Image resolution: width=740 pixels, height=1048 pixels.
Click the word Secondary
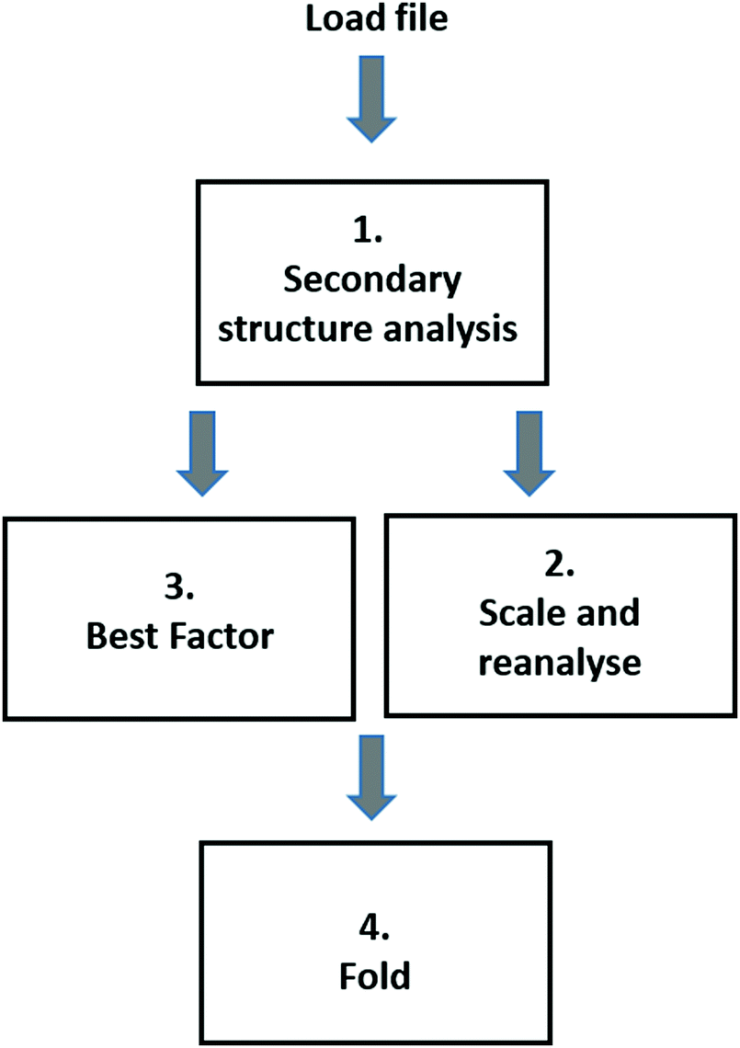tap(371, 280)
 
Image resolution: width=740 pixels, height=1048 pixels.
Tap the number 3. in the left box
tap(179, 588)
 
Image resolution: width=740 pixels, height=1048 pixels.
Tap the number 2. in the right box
tap(559, 565)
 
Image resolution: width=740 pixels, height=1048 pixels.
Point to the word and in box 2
tap(610, 613)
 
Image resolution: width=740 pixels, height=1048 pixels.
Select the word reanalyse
tap(559, 661)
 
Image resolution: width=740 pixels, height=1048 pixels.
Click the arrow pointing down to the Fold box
tap(371, 769)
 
